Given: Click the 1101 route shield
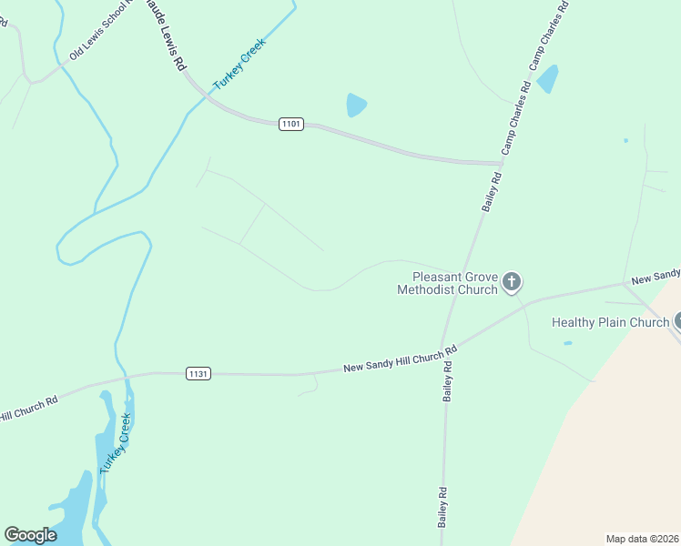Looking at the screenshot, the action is tap(291, 124).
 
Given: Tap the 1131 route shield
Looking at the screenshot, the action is tap(198, 373).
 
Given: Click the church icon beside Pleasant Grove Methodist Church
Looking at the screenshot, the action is tap(512, 282).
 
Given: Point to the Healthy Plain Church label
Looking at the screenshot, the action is tap(610, 322).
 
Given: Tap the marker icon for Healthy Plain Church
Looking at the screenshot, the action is tap(677, 320).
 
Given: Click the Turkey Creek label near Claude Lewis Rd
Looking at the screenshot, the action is tap(239, 64).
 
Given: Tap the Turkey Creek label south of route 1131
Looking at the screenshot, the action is tap(116, 443).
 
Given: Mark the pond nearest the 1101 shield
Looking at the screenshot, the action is tap(356, 106).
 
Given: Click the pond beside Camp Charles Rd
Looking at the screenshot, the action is tap(547, 80).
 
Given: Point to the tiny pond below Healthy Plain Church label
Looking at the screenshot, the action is tap(568, 343).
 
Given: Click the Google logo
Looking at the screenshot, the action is tap(30, 535).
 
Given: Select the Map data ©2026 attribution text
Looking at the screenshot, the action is tap(643, 538).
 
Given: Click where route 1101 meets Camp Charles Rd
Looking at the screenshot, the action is tap(497, 164).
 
